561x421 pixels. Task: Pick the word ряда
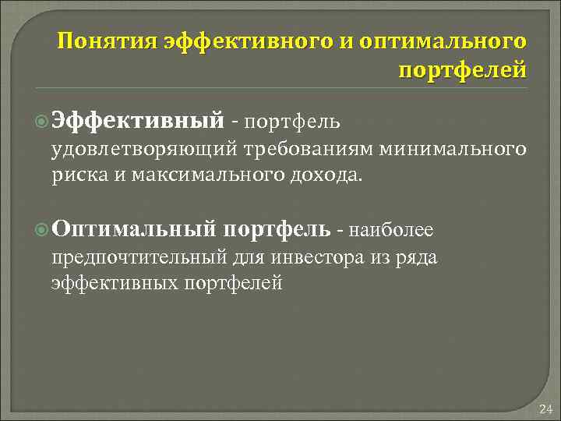click(419, 257)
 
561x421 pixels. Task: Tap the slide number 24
click(545, 409)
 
